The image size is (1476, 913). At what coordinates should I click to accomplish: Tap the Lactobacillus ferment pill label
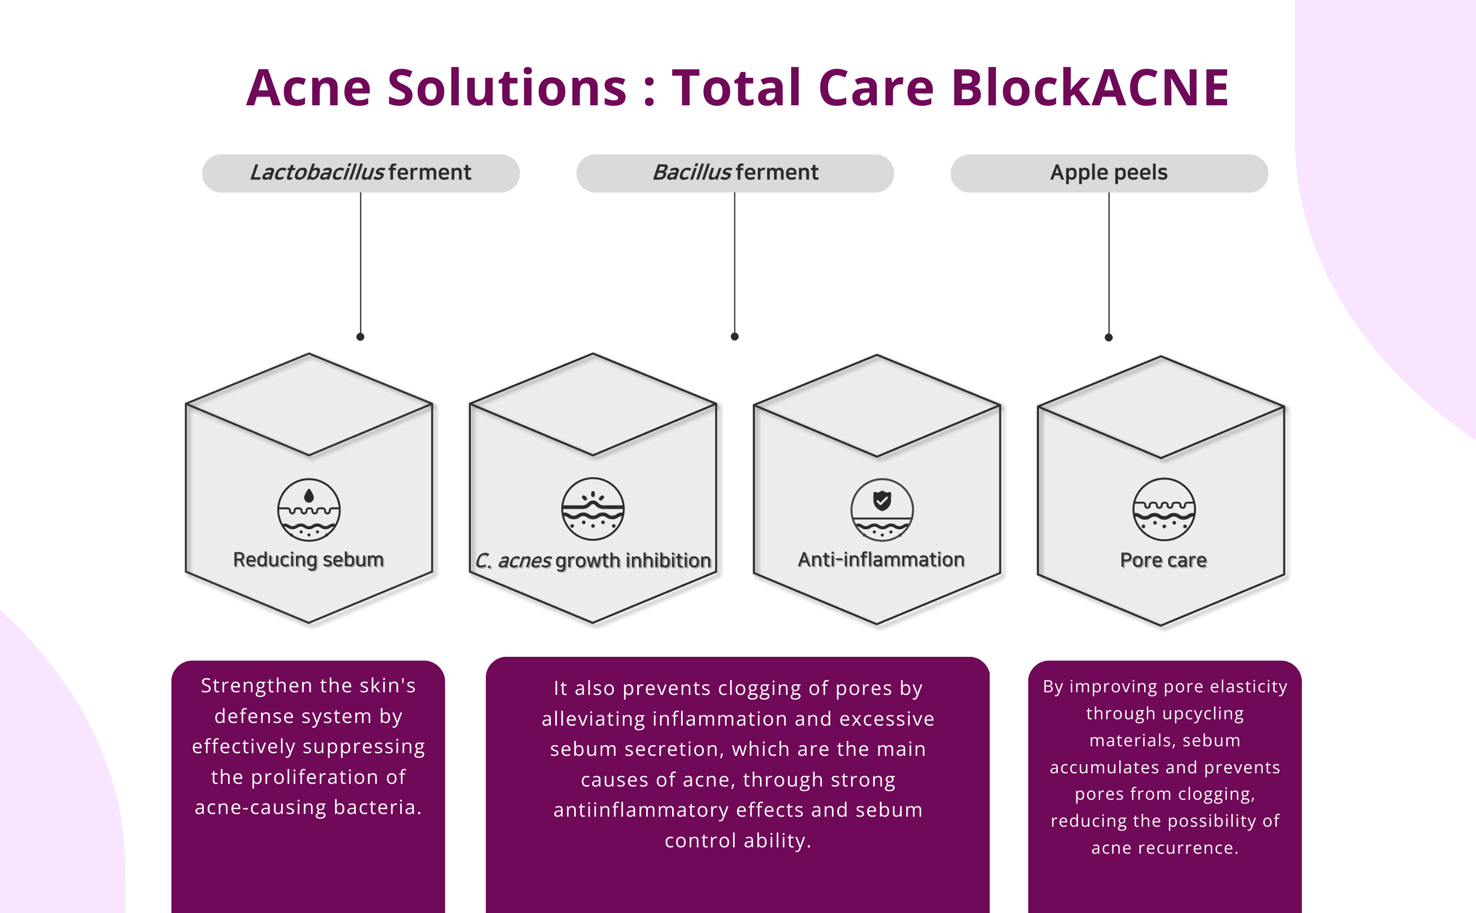[360, 173]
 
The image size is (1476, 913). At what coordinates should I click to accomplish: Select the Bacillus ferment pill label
[735, 173]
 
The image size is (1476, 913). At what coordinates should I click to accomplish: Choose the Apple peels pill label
[1109, 173]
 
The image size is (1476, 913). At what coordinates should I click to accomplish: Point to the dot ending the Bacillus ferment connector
[735, 336]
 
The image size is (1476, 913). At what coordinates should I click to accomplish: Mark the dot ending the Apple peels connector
[1108, 338]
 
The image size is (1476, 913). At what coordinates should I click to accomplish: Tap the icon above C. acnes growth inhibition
[593, 509]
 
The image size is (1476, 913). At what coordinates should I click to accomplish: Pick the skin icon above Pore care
[1163, 510]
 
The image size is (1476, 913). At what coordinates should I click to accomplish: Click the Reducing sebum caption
[309, 560]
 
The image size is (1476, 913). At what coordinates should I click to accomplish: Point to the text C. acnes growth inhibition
[593, 561]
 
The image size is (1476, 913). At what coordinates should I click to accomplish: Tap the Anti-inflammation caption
[881, 560]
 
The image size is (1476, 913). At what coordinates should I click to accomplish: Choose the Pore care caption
[1163, 561]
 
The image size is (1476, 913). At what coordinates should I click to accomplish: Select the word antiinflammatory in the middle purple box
[641, 810]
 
